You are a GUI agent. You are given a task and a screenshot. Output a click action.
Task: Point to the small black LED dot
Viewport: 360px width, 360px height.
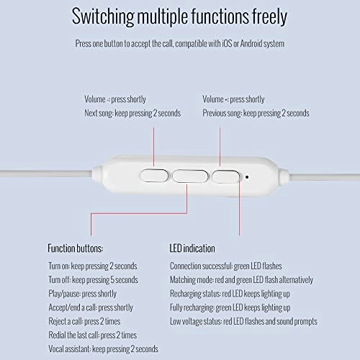247,175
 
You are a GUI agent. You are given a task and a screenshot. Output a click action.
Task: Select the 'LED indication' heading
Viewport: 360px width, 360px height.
192,248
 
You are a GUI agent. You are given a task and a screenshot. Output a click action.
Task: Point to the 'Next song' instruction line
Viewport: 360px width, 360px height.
132,113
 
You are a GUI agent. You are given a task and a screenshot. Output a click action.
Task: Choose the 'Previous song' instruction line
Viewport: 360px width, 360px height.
256,113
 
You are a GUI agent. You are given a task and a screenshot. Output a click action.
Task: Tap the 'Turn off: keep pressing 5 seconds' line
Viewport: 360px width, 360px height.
93,279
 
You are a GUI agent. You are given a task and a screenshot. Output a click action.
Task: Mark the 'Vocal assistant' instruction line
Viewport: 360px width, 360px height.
103,348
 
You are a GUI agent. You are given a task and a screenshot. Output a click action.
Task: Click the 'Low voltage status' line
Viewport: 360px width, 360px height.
243,321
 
